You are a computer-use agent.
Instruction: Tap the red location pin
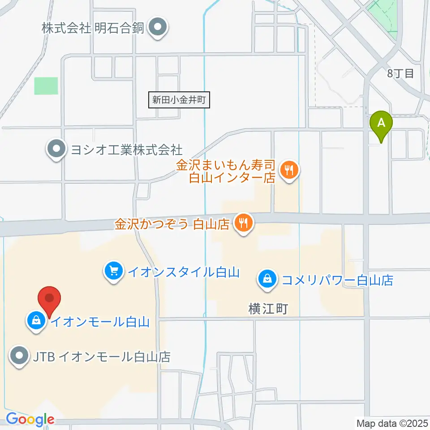[50, 299]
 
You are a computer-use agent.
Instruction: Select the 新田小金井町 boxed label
[179, 100]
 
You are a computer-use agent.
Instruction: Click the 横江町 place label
[268, 308]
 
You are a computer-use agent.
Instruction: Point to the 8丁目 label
[401, 73]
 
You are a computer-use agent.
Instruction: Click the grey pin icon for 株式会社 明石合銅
[158, 27]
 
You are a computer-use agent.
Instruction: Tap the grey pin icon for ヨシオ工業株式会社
[56, 148]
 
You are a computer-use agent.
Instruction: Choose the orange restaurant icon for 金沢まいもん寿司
[289, 170]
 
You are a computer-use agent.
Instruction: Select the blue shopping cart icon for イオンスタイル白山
[113, 270]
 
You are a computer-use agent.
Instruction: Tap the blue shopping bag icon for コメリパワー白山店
[267, 279]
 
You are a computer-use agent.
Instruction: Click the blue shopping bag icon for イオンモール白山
[35, 320]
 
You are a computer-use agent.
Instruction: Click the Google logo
[30, 420]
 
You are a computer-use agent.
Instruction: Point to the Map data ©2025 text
[392, 422]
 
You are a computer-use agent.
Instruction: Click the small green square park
[46, 86]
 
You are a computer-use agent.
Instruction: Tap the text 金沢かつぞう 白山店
[172, 224]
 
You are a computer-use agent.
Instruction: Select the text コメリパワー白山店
[337, 280]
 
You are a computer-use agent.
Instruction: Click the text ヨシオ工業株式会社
[127, 149]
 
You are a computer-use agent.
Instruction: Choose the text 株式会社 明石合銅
[93, 28]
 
